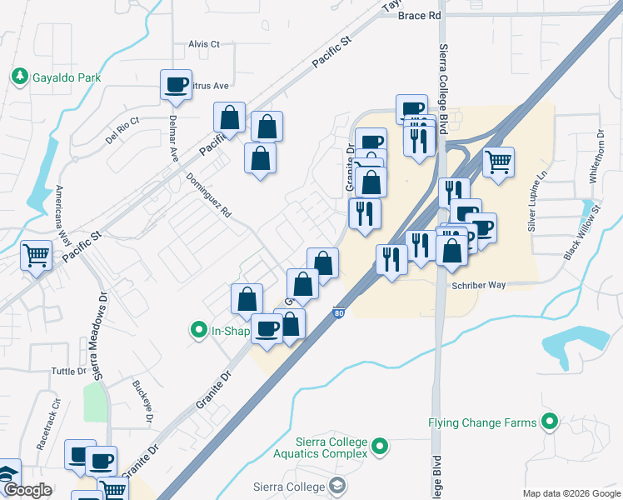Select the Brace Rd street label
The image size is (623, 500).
click(x=419, y=16)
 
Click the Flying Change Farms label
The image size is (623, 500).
click(x=482, y=422)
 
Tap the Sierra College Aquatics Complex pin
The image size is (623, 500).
click(x=380, y=447)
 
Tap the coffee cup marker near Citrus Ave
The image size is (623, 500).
click(x=177, y=85)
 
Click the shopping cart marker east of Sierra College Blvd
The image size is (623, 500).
click(x=498, y=162)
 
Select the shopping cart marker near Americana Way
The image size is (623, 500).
click(x=37, y=257)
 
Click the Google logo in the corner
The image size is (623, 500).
click(x=28, y=490)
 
